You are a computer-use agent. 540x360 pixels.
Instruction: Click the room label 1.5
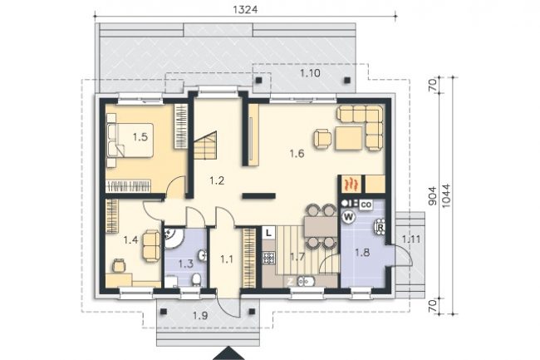point(140,137)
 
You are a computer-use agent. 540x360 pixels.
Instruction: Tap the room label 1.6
point(297,153)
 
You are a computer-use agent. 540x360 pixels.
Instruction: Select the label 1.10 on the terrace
point(310,73)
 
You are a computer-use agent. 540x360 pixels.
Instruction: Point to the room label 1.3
point(185,264)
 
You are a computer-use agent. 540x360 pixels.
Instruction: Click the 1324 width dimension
point(245,10)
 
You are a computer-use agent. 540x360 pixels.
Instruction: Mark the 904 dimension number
point(432,195)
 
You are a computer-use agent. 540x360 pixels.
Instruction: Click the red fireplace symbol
point(351,184)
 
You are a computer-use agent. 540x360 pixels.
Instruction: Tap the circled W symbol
point(349,217)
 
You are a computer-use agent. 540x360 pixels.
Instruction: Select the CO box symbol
point(366,205)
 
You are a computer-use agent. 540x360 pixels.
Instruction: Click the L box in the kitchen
point(268,233)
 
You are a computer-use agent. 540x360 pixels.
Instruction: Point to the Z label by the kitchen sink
point(290,282)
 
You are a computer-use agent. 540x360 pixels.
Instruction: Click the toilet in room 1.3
point(196,279)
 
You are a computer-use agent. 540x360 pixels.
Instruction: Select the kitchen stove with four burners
point(269,258)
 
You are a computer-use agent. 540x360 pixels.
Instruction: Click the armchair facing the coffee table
point(322,139)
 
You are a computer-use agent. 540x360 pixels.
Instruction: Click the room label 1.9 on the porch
point(200,315)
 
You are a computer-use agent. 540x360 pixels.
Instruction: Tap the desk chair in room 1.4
point(119,265)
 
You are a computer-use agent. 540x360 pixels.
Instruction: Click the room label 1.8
point(362,253)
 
